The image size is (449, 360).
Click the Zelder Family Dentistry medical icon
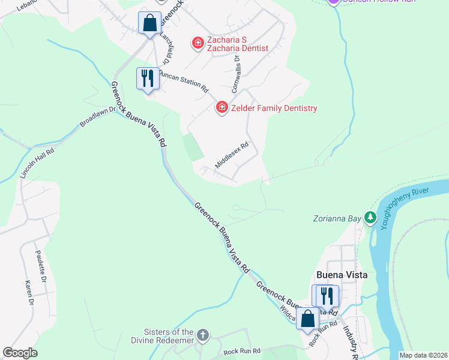tap(221, 107)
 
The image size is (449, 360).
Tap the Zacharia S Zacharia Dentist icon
tap(197, 42)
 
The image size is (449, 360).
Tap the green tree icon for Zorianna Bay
tap(371, 218)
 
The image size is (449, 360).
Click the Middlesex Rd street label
tap(232, 155)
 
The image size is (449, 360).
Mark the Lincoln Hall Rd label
tap(37, 163)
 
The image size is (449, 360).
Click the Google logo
tap(20, 353)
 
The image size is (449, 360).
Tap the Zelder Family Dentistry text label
tap(274, 108)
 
